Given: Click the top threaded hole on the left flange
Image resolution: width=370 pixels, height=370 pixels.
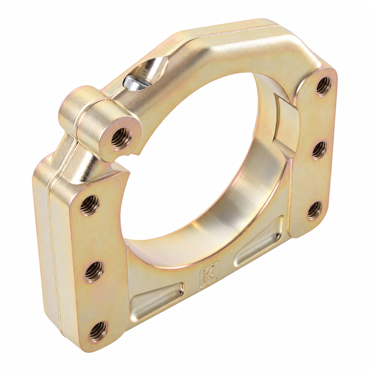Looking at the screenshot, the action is point(90,205).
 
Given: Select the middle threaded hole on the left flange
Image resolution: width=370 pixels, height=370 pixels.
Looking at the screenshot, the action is point(94,272).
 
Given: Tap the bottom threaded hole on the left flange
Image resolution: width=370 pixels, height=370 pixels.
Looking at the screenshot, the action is point(98,332).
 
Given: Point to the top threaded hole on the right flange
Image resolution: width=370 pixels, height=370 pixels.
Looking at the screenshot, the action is point(323,87).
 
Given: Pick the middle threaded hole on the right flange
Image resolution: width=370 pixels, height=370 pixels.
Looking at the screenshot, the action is point(320,150).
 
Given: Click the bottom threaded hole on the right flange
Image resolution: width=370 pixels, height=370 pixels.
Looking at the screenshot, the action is point(315,211).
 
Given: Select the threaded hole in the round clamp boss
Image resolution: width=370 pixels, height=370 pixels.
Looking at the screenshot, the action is point(121,139).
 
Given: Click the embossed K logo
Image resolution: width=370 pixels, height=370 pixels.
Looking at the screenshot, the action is point(210,274).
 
